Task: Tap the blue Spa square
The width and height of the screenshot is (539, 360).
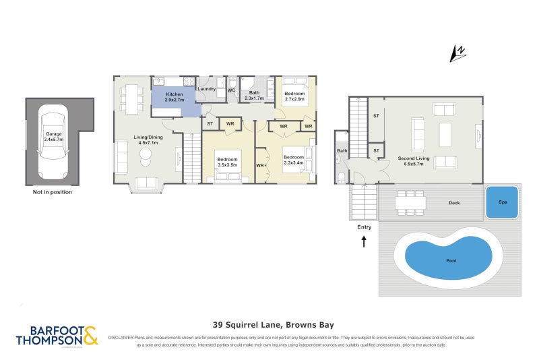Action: pos(502,202)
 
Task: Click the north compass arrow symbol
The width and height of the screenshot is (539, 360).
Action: pos(459,53)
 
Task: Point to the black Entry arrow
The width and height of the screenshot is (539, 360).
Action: pos(364,241)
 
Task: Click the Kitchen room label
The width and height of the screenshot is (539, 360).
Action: pos(174,97)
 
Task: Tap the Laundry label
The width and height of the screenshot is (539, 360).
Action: pos(206,89)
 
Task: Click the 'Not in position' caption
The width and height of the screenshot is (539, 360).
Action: pos(52,192)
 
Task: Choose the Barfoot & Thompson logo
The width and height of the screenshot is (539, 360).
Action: pos(57,336)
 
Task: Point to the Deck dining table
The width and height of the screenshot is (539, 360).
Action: pos(411,202)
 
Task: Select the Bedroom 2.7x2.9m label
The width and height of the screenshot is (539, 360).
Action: pos(294,96)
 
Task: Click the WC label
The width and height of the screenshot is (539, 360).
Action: pos(230,90)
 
